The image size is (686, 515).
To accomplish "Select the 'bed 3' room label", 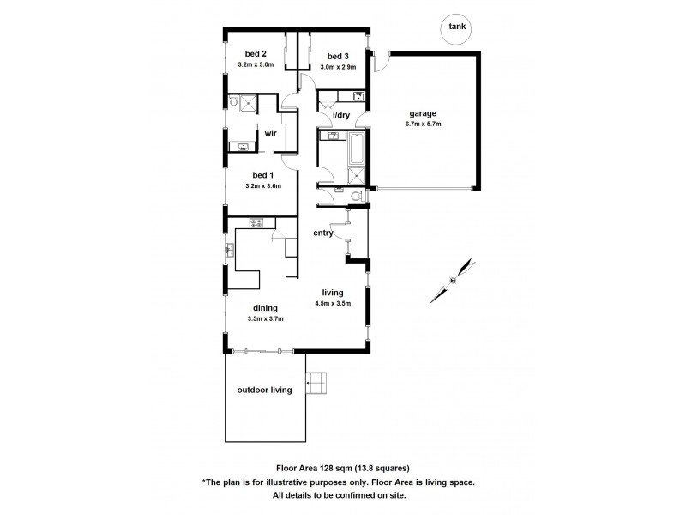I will tap(337, 56).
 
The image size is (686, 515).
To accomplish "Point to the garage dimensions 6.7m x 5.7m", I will tap(424, 124).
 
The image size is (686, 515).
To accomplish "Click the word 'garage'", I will tap(424, 112).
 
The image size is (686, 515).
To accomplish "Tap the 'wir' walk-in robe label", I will tap(270, 134).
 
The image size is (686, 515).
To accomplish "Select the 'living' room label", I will tap(332, 292).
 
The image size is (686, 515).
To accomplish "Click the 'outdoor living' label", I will tap(264, 390).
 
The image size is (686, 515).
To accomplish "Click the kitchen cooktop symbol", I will tap(256, 225).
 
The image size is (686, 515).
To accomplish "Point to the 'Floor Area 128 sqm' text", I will tap(304, 469).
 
